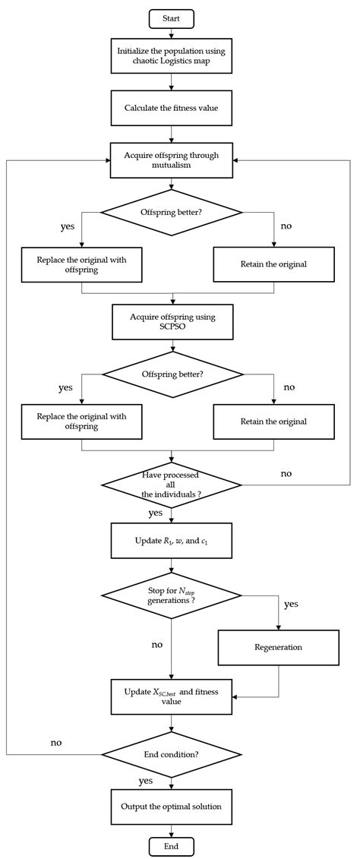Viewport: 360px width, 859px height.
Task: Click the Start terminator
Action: (x=172, y=17)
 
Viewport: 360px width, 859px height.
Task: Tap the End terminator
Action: (x=172, y=846)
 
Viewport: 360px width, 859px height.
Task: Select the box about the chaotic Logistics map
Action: (x=172, y=55)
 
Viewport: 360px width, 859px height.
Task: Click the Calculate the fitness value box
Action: (x=172, y=109)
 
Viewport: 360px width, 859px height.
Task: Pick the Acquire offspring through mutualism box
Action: (x=172, y=161)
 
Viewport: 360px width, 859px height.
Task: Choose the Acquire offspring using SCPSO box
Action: (x=172, y=322)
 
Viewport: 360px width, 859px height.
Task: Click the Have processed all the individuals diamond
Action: (x=172, y=485)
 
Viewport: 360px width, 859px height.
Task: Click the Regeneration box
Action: (x=278, y=648)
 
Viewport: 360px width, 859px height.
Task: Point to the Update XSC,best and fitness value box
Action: (x=172, y=696)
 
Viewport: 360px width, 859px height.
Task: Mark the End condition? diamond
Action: (x=172, y=754)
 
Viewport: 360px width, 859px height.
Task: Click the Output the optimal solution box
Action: (x=172, y=806)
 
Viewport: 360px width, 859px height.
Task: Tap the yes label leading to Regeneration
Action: (x=290, y=605)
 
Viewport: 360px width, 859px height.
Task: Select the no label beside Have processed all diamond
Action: (x=286, y=473)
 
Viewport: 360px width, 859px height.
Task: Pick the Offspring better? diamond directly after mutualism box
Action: (x=172, y=212)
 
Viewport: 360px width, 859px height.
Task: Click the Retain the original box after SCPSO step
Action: (x=273, y=421)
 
